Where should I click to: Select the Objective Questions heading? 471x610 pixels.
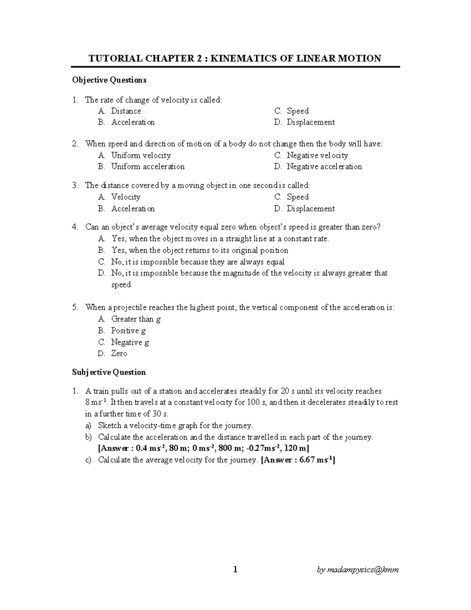pyautogui.click(x=109, y=80)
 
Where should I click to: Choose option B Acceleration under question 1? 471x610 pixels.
pyautogui.click(x=133, y=122)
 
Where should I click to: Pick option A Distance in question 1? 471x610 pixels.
pyautogui.click(x=126, y=111)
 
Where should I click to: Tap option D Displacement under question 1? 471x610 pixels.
pyautogui.click(x=310, y=122)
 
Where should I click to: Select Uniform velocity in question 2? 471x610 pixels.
pyautogui.click(x=141, y=156)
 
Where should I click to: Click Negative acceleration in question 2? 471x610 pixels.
pyautogui.click(x=324, y=167)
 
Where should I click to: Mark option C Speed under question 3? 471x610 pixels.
pyautogui.click(x=298, y=197)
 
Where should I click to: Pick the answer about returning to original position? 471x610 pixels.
pyautogui.click(x=200, y=250)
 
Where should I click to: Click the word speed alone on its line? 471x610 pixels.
pyautogui.click(x=121, y=285)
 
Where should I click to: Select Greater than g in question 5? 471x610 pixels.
pyautogui.click(x=136, y=319)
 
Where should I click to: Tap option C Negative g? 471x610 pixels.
pyautogui.click(x=130, y=342)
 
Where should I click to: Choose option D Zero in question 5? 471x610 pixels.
pyautogui.click(x=119, y=354)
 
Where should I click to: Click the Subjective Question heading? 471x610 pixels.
pyautogui.click(x=109, y=372)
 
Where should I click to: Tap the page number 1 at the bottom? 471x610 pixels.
pyautogui.click(x=235, y=570)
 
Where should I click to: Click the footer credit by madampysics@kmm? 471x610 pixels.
pyautogui.click(x=358, y=570)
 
